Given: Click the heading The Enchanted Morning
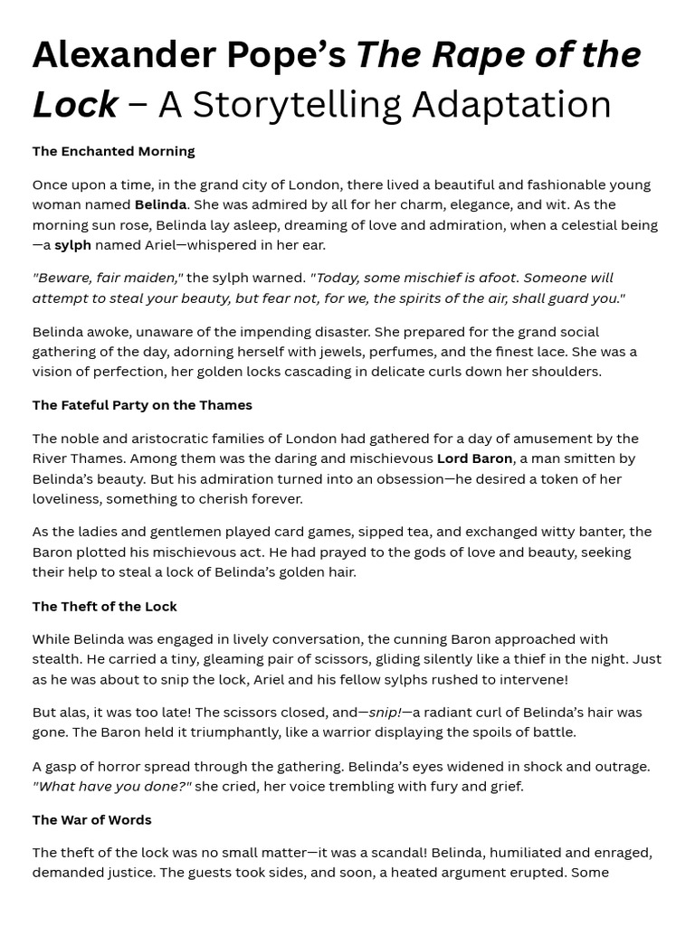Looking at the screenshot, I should pyautogui.click(x=113, y=151).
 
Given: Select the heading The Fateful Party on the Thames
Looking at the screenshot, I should pyautogui.click(x=142, y=405).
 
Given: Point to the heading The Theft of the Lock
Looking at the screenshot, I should pyautogui.click(x=104, y=606).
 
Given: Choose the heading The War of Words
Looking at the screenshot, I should pyautogui.click(x=91, y=819).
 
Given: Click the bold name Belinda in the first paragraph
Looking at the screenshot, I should pyautogui.click(x=160, y=204).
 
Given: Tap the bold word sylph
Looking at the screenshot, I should pyautogui.click(x=72, y=245).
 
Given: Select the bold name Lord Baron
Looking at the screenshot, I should pyautogui.click(x=474, y=458).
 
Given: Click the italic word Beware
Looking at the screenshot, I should pyautogui.click(x=64, y=278).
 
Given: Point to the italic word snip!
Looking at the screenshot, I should pyautogui.click(x=386, y=713).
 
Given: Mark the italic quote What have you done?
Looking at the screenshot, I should pyautogui.click(x=111, y=786).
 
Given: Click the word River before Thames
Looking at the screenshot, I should pyautogui.click(x=52, y=458).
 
